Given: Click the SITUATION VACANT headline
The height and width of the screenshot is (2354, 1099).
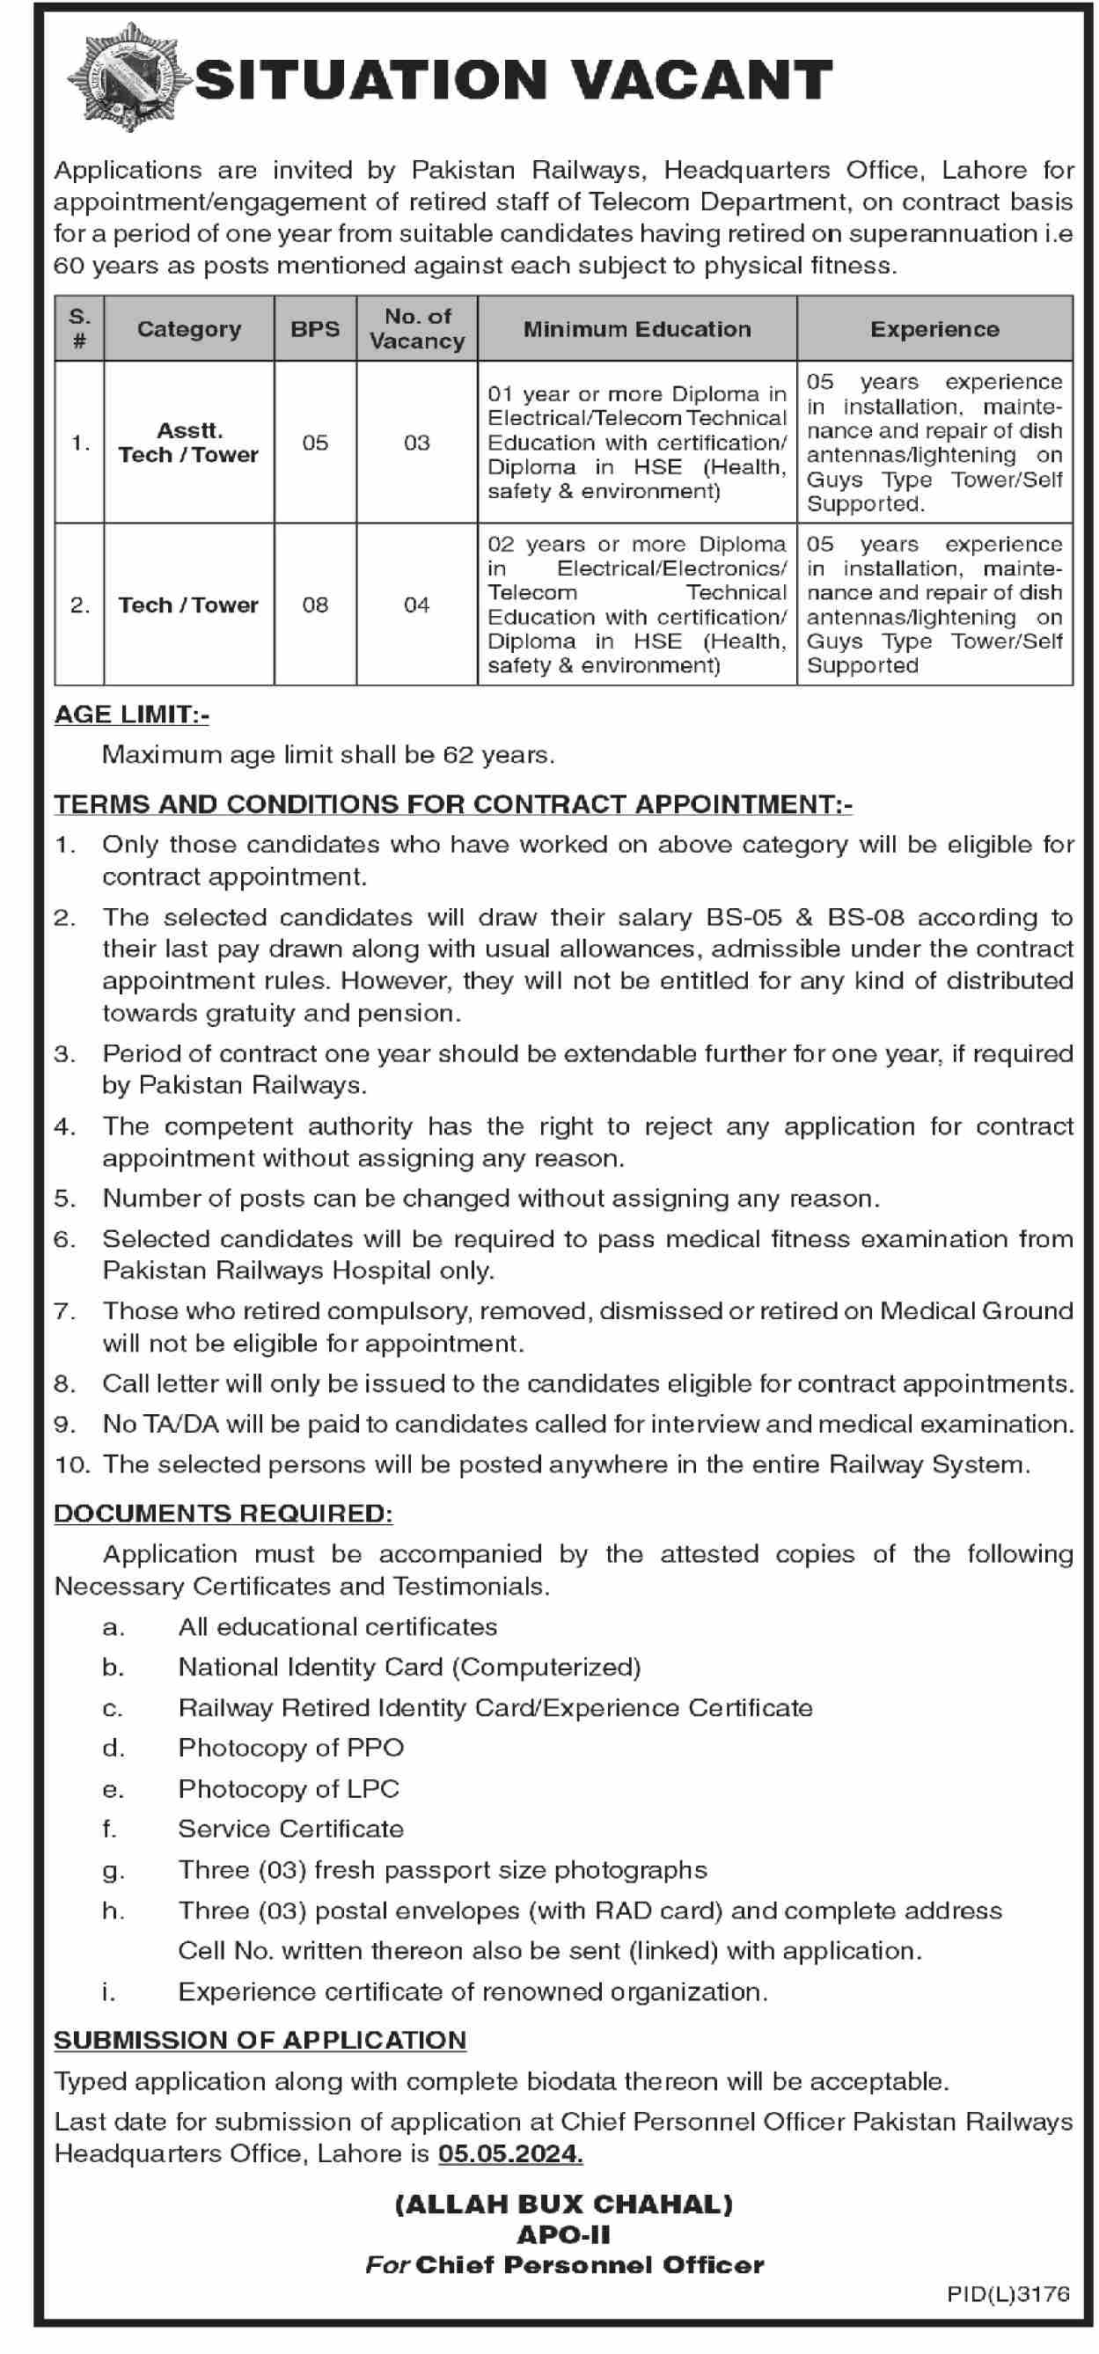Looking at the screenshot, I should pyautogui.click(x=513, y=80).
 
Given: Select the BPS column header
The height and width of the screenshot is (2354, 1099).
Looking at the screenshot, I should pyautogui.click(x=315, y=329).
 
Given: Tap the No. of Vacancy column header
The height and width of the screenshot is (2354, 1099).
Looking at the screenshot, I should pyautogui.click(x=416, y=329).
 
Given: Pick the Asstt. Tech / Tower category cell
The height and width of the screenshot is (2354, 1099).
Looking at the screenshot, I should pyautogui.click(x=188, y=444).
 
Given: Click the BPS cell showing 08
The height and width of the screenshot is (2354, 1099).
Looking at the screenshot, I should pyautogui.click(x=315, y=605).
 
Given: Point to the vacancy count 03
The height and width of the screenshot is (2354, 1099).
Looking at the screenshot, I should pyautogui.click(x=416, y=444).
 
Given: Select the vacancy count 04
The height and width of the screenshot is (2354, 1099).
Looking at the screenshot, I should pyautogui.click(x=416, y=605).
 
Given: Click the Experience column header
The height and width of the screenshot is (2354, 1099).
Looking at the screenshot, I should pyautogui.click(x=934, y=329).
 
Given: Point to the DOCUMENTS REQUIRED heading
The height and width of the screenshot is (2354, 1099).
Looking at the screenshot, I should pyautogui.click(x=223, y=1514).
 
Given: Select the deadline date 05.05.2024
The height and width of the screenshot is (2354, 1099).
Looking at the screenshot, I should pyautogui.click(x=509, y=2154).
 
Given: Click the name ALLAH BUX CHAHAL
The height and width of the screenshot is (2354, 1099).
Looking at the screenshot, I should pyautogui.click(x=564, y=2205).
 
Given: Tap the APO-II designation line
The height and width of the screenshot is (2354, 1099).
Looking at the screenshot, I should pyautogui.click(x=564, y=2235).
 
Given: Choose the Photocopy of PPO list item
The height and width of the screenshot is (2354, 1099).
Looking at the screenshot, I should pyautogui.click(x=290, y=1749).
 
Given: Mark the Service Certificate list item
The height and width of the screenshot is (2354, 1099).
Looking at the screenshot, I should pyautogui.click(x=290, y=1829).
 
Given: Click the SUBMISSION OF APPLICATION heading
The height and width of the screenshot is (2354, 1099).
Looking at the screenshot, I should pyautogui.click(x=260, y=2041).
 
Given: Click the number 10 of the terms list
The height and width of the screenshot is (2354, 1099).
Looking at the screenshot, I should pyautogui.click(x=71, y=1465).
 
